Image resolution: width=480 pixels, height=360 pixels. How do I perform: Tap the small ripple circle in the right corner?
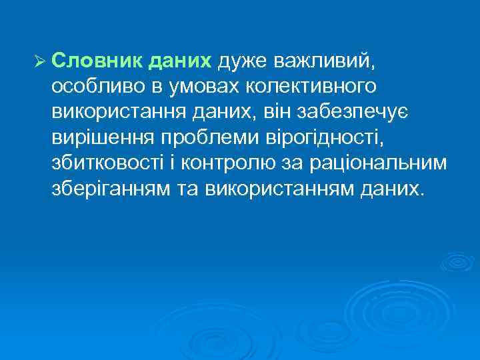coord(458,262)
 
